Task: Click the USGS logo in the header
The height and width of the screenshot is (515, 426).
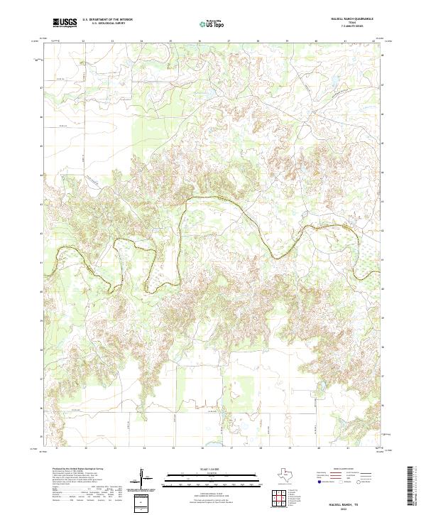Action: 65,23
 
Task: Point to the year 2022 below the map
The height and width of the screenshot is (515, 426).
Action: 346,509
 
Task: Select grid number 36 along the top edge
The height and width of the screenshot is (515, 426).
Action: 200,41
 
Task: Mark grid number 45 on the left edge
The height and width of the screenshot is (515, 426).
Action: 40,145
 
